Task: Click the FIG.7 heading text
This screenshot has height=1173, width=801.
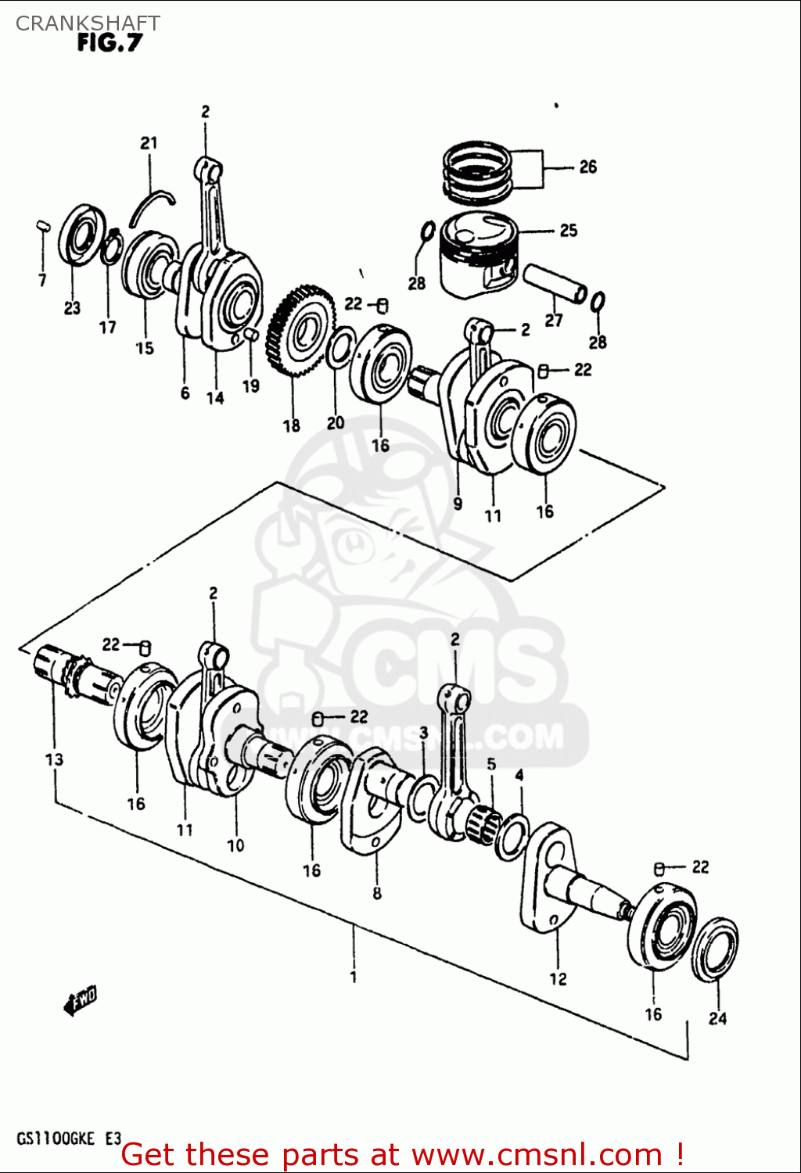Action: (110, 43)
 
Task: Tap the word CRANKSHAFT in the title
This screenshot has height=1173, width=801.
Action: (88, 23)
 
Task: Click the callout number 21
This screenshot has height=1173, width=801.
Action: (149, 143)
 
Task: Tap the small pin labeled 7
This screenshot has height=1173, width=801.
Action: (43, 227)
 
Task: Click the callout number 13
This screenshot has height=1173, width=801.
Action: (54, 759)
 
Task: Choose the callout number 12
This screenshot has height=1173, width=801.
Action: (558, 978)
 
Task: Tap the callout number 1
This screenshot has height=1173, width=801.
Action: (354, 977)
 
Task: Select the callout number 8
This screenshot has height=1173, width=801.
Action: (377, 893)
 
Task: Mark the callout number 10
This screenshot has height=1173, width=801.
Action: (235, 845)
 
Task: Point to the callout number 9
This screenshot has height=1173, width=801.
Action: (458, 504)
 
